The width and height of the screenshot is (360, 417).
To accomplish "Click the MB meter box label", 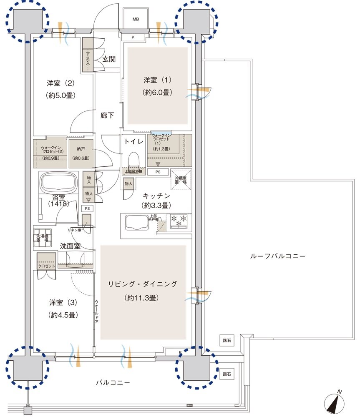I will (136, 19).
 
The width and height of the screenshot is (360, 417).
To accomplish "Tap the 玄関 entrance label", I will (109, 59).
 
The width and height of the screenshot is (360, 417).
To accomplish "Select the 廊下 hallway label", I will (107, 116).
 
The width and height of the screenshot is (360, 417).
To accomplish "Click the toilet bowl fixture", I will (133, 161).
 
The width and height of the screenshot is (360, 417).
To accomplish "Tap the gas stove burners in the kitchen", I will (179, 221).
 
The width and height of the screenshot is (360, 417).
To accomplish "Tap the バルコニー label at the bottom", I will (113, 382).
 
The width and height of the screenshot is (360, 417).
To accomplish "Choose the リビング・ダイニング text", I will (143, 284).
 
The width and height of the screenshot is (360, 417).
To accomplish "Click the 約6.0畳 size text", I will (157, 93).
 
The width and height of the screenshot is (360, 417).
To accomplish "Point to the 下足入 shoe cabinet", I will (88, 58).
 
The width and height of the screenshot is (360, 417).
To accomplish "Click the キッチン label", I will (156, 195).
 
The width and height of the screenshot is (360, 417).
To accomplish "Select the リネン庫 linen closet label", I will (75, 230).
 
